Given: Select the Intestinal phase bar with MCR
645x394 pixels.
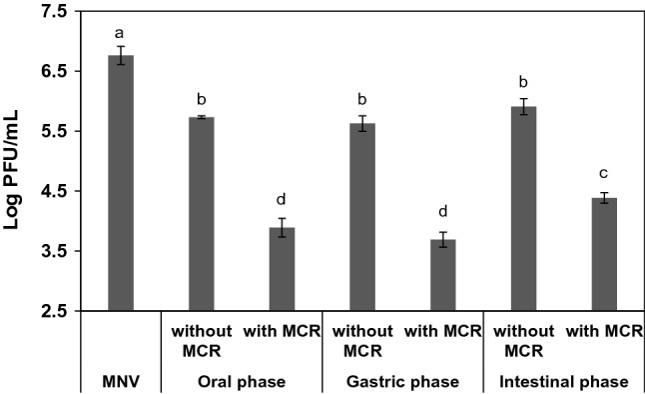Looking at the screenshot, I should click(605, 254).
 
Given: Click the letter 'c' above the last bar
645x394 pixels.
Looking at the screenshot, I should click(605, 179).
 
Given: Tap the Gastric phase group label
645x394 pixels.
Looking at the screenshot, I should click(403, 382).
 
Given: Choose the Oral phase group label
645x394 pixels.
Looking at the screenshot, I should click(242, 382).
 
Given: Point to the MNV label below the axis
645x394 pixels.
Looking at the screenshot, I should click(121, 382).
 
